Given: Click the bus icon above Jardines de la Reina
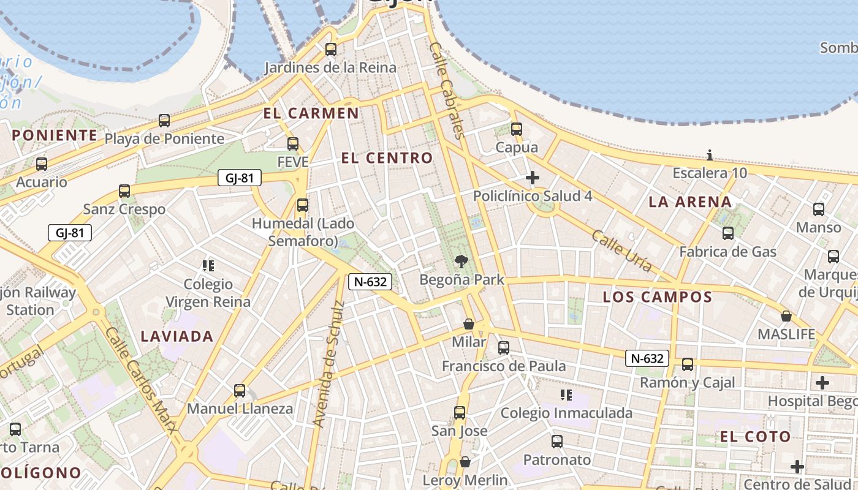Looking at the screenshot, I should [x=331, y=50].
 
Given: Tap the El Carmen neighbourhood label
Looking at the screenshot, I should [x=311, y=113].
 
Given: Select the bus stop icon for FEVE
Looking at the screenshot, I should [x=293, y=144].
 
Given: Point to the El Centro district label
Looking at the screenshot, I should [x=387, y=158].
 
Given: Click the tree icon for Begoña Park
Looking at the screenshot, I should [x=461, y=262].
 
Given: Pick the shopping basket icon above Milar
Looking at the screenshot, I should [x=469, y=324].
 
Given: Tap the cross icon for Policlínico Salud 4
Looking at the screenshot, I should [x=533, y=178].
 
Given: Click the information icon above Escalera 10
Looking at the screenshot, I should [x=710, y=155].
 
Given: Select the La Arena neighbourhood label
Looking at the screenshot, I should [x=690, y=202].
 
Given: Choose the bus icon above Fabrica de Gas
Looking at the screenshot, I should [x=728, y=233].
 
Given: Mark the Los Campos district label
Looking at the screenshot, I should [x=658, y=298].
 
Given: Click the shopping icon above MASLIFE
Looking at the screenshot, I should [x=786, y=317].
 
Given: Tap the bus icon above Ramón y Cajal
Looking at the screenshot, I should [x=688, y=364].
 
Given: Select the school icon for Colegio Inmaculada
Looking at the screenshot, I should [x=566, y=395].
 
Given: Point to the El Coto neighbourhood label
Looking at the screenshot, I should [x=755, y=437].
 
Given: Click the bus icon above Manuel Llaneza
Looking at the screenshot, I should [x=240, y=391].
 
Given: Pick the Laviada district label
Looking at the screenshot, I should [x=177, y=336].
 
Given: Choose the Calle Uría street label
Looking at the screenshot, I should [x=621, y=251].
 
